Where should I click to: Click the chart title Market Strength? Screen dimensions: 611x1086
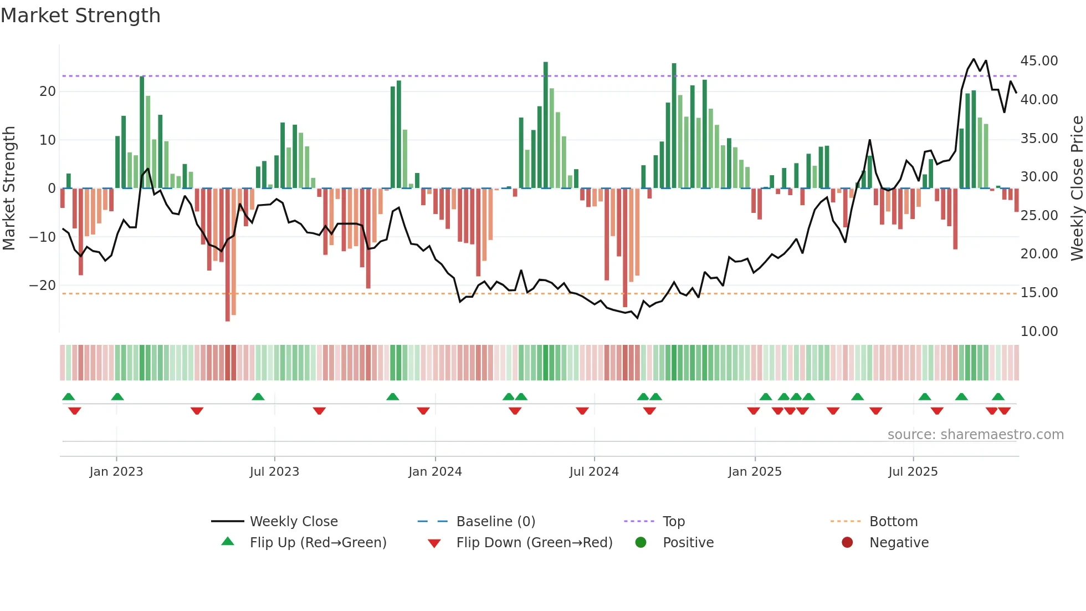(80, 16)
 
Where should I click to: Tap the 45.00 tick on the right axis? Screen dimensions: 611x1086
(1039, 61)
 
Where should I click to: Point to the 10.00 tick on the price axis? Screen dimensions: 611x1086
(1039, 332)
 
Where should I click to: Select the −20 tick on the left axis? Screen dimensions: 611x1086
(43, 286)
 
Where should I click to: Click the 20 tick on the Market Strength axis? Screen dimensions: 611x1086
(48, 91)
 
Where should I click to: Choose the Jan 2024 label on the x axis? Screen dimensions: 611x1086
(435, 472)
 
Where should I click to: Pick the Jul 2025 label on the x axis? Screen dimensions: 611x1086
(913, 472)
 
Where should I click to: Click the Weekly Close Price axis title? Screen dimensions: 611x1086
(1077, 189)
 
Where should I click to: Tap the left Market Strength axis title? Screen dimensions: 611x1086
(9, 189)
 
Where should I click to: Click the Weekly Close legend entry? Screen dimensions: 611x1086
(293, 522)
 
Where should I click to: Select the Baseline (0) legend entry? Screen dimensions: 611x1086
(495, 522)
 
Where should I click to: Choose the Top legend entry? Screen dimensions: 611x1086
(673, 522)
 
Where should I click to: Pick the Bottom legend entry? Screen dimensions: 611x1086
(893, 522)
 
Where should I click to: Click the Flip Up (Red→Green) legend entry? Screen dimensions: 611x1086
(317, 543)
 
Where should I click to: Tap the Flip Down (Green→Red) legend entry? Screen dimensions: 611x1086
(534, 543)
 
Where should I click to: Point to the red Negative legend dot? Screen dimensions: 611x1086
(847, 543)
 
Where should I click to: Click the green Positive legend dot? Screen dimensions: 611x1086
(641, 543)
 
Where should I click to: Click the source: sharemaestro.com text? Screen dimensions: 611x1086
(975, 435)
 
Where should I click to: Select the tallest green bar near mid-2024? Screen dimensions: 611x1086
(546, 125)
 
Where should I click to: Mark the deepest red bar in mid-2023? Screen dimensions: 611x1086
(228, 255)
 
